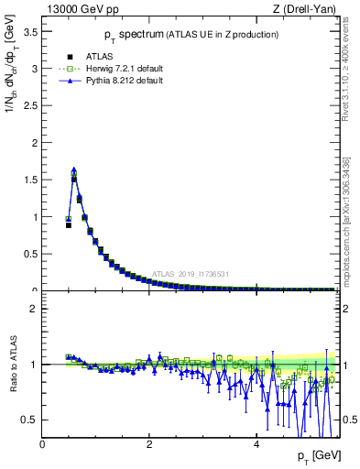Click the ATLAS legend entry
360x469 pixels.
click(x=87, y=54)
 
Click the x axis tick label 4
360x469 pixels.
click(x=256, y=445)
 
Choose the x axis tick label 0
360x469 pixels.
click(x=43, y=445)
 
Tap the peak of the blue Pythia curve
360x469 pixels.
click(x=73, y=169)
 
